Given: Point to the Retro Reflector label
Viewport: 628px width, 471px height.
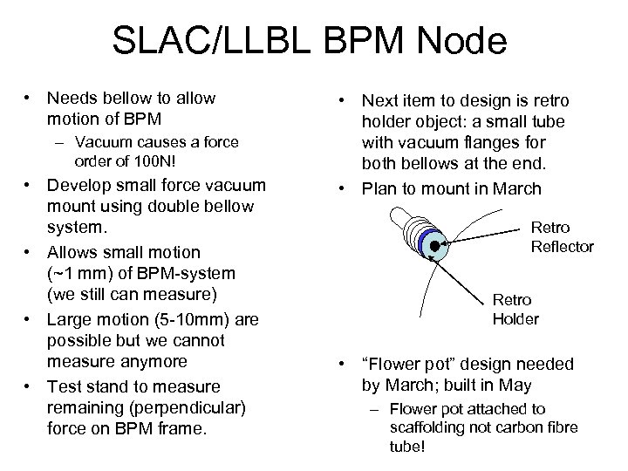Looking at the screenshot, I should point(562,236).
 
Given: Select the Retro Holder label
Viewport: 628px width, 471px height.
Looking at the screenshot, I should point(515,308).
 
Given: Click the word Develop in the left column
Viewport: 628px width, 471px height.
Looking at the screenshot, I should point(78,184).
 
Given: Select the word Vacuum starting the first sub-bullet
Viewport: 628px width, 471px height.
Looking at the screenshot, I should point(103,141).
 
